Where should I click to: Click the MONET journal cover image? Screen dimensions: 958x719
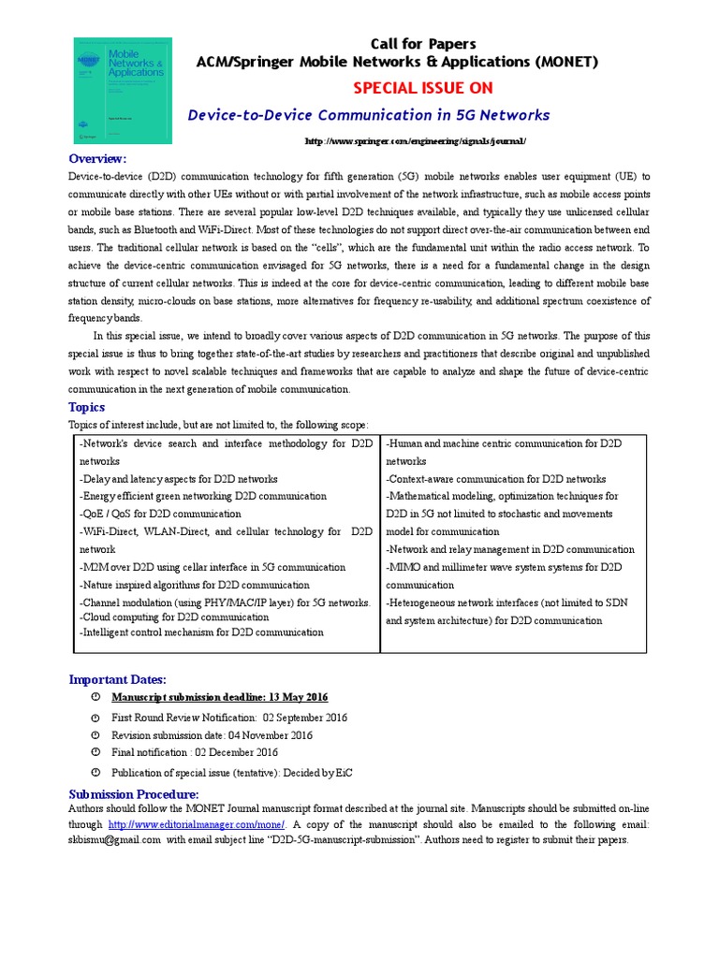[x=123, y=90]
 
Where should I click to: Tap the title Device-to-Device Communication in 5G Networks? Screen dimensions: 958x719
[x=369, y=115]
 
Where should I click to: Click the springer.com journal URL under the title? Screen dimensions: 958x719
[x=417, y=141]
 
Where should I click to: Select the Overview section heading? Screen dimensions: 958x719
[x=97, y=158]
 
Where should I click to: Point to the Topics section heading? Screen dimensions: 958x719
[x=87, y=407]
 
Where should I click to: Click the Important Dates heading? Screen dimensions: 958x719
[x=118, y=679]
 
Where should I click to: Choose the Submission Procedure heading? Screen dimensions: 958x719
[x=134, y=793]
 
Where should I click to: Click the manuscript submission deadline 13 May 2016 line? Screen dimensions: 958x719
[x=220, y=698]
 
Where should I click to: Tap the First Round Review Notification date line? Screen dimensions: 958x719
[x=229, y=718]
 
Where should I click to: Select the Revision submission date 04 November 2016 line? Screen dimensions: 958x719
[x=212, y=735]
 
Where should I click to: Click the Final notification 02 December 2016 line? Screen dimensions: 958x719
[x=195, y=752]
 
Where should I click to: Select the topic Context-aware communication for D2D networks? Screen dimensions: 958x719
[x=495, y=479]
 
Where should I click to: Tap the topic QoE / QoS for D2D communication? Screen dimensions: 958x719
[x=160, y=514]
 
